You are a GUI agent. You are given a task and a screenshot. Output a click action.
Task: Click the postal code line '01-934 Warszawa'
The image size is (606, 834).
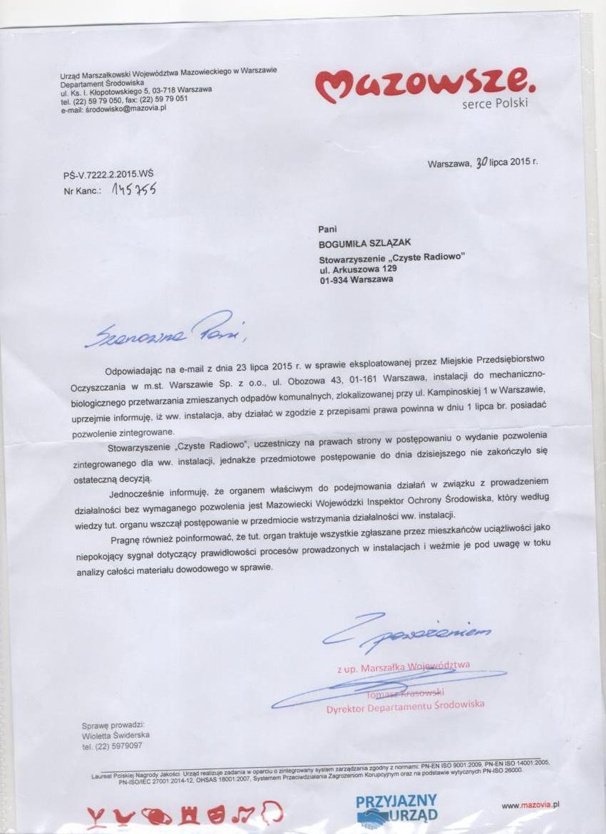[x=356, y=280]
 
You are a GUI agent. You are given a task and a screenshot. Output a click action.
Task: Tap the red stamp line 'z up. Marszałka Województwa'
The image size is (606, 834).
[x=404, y=666]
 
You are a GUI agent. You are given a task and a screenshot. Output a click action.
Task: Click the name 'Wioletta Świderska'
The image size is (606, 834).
[x=116, y=735]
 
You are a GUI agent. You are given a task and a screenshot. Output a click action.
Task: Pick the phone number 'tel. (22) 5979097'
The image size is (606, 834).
[x=112, y=746]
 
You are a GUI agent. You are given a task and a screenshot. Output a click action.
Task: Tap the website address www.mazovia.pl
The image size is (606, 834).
[x=530, y=805]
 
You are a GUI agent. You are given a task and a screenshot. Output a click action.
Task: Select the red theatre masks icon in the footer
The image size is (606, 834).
[x=217, y=813]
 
